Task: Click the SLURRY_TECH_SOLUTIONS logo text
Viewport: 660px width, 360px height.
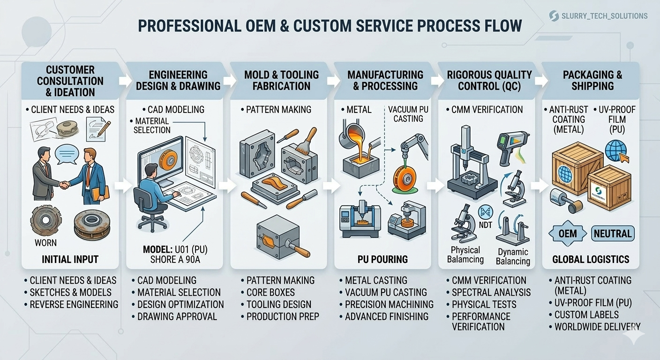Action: click(604, 16)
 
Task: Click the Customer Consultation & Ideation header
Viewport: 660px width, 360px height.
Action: click(70, 81)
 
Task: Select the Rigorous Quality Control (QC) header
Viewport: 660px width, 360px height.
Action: click(489, 81)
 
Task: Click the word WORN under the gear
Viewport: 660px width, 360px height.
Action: click(45, 243)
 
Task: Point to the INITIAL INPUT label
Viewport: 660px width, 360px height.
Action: click(70, 259)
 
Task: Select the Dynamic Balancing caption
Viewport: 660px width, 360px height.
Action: click(513, 257)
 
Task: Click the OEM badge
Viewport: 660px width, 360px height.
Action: click(568, 233)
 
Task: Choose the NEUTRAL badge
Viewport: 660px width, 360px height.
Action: click(613, 233)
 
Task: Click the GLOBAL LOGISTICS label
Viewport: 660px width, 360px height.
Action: click(591, 259)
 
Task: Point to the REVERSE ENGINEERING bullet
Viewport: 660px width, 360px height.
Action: click(74, 305)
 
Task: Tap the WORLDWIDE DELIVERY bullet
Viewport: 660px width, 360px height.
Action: click(597, 327)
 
